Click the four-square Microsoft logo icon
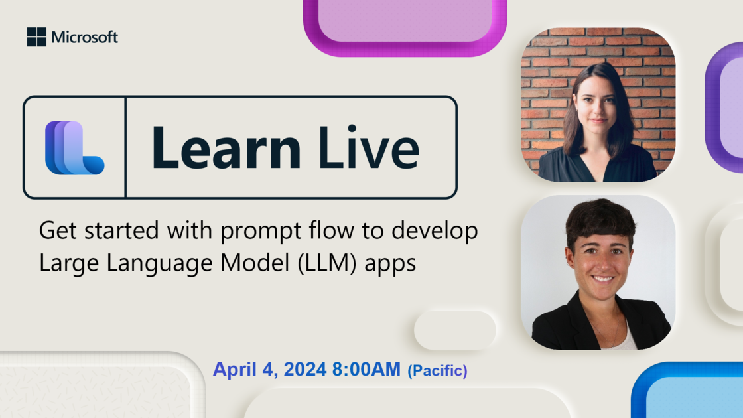pos(36,37)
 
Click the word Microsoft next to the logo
pos(85,37)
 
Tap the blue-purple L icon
pos(74,148)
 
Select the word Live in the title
pos(369,147)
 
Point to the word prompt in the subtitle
pos(261,232)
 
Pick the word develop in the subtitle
pos(435,232)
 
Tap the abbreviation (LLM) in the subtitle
pos(327,263)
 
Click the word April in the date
pos(235,370)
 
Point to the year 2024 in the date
pos(305,369)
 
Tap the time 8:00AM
pos(366,369)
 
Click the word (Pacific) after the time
pos(437,371)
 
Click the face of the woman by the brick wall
pos(598,109)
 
